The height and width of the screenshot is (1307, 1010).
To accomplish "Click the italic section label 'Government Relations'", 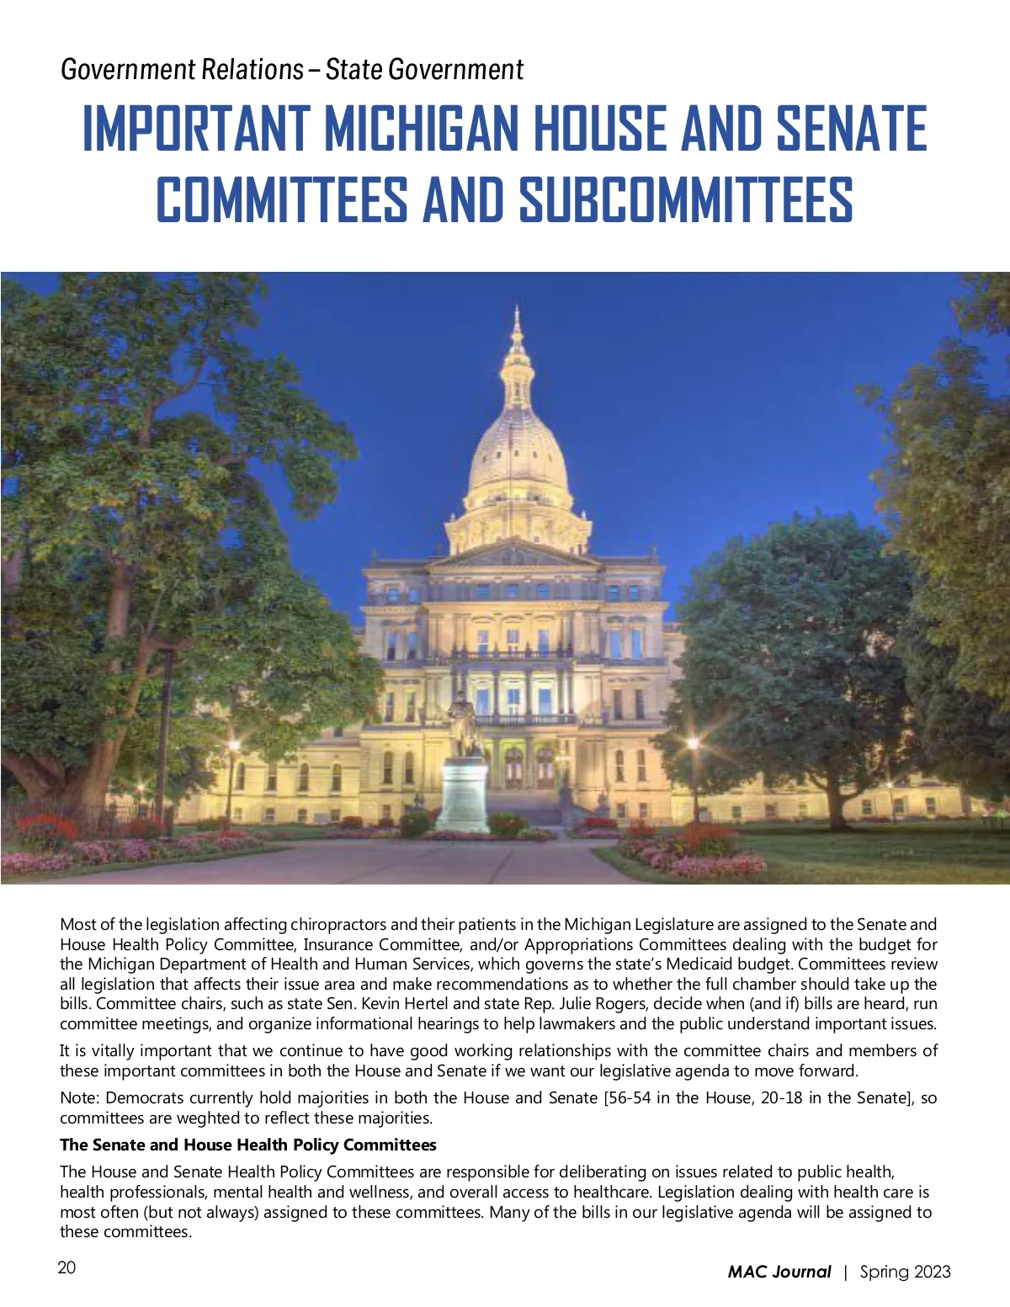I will point(182,69).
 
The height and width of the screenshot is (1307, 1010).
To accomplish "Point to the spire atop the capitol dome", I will point(517,324).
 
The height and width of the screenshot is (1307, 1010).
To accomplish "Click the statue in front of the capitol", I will point(461,724).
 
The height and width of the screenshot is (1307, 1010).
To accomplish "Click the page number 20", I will point(66,1267).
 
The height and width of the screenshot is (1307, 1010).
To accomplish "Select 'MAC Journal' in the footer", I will point(779,1272).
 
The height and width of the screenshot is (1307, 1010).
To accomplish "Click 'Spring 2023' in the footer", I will point(905,1272).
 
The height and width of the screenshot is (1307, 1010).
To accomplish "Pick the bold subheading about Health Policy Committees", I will point(248,1145).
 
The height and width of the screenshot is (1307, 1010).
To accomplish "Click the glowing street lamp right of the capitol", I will point(693,745).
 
